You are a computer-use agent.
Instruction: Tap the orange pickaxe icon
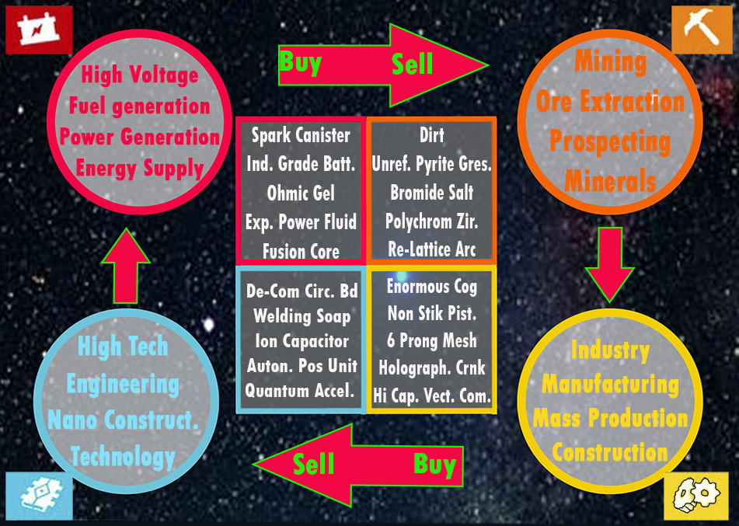click(702, 30)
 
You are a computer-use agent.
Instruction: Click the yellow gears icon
click(696, 496)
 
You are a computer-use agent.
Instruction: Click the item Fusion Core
click(301, 251)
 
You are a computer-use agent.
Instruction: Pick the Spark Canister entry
click(301, 135)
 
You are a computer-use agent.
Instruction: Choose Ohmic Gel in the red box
click(301, 193)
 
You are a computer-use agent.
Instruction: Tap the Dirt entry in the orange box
click(432, 135)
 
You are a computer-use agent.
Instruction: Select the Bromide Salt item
click(432, 192)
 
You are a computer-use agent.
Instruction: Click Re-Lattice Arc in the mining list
click(432, 250)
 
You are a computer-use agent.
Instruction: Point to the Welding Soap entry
click(302, 316)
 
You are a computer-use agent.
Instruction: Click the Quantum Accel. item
click(301, 391)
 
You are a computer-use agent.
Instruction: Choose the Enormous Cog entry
click(432, 287)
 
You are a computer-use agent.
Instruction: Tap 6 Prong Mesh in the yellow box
click(432, 340)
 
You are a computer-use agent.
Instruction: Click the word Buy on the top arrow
click(301, 62)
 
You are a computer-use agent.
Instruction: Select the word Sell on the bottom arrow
click(314, 465)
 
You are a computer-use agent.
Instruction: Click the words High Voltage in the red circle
click(140, 76)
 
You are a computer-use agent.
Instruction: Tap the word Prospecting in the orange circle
click(610, 142)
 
